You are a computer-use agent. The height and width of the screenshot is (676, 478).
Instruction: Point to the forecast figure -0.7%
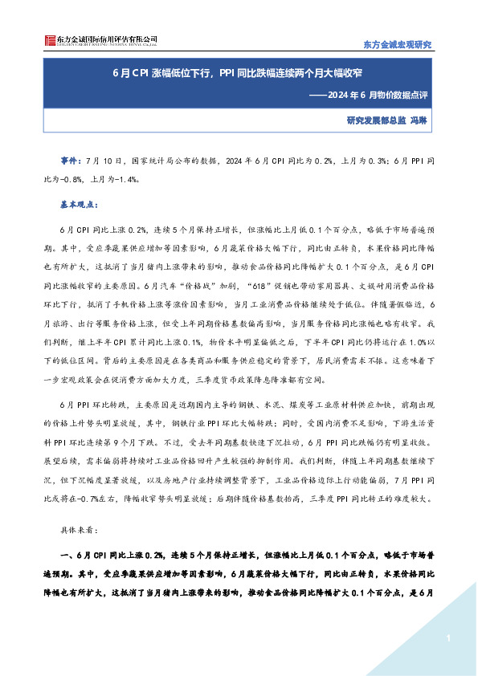[x=93, y=499]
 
